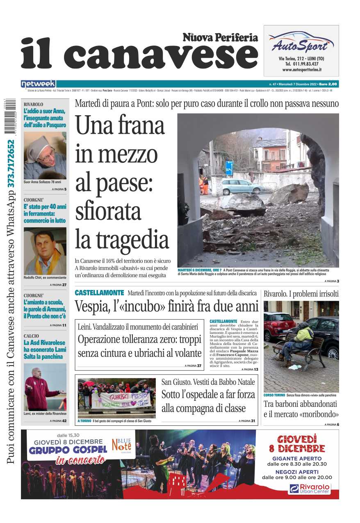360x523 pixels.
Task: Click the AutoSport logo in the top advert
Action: (301, 42)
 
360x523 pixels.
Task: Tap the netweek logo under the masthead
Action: (38, 84)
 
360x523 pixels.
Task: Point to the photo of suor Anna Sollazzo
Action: (45, 155)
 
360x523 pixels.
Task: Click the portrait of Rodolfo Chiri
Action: (45, 251)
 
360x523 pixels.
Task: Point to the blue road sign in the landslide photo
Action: (229, 168)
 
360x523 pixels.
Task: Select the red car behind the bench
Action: (279, 326)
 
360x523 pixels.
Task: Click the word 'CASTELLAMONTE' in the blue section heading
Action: (99, 293)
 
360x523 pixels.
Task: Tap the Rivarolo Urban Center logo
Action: (310, 489)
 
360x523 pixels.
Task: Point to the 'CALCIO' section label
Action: (31, 336)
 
